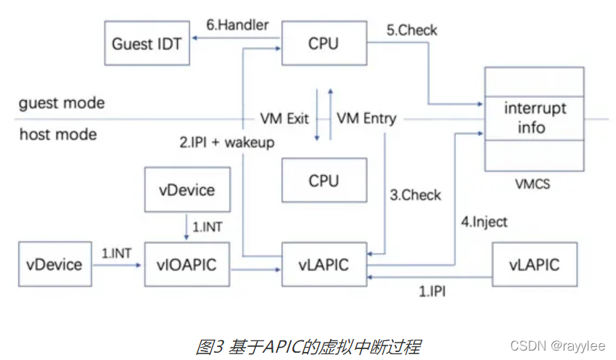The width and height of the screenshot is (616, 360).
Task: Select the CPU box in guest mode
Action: [x=324, y=44]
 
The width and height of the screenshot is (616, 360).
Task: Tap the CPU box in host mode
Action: [x=324, y=181]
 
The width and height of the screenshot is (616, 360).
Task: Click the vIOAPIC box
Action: [x=186, y=264]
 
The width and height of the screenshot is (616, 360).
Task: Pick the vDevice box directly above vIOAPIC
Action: [x=186, y=190]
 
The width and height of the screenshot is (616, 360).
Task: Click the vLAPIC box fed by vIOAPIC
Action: [x=324, y=264]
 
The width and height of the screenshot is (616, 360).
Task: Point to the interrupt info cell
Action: [x=535, y=118]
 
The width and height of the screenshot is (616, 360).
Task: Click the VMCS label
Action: [x=535, y=184]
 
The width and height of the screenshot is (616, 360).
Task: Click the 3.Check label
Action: [x=416, y=195]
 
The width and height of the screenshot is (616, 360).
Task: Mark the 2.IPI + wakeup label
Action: [x=227, y=142]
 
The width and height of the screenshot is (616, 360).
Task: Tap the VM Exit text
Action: [x=285, y=118]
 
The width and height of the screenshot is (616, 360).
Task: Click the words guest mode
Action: [x=62, y=102]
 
